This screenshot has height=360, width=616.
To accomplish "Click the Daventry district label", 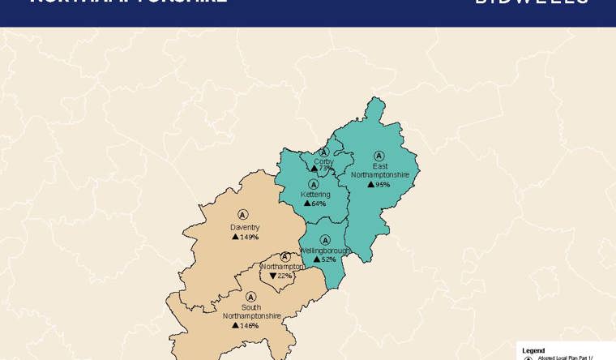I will [244, 227].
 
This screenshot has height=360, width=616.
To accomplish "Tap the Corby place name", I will [323, 161].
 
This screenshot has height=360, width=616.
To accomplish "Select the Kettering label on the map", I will [314, 195].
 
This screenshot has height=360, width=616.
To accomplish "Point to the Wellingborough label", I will [324, 251].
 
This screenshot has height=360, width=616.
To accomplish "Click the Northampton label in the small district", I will [282, 266].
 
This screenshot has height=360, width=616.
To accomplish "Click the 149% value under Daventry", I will [249, 237].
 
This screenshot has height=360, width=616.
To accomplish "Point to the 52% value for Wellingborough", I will [328, 259].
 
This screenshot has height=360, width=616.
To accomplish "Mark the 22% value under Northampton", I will [284, 276].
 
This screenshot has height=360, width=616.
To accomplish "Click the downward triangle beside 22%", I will [273, 276].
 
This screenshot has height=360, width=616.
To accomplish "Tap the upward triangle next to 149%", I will [235, 237].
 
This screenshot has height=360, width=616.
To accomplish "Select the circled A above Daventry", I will [242, 215].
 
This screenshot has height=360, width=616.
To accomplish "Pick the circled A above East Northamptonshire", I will [379, 156].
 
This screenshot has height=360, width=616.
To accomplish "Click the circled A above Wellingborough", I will [325, 240].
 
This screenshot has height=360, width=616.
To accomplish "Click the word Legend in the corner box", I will [533, 350].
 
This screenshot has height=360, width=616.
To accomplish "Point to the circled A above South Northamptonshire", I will [250, 297].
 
